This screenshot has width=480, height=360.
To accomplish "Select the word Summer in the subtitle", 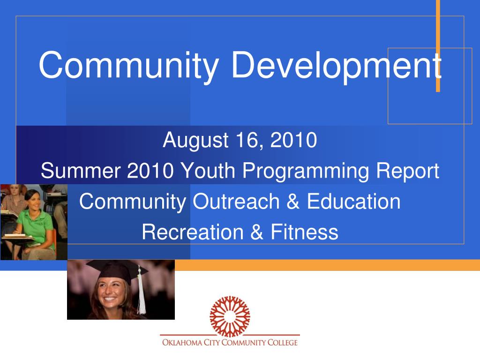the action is (81, 171).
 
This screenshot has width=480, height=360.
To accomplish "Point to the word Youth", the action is (208, 171).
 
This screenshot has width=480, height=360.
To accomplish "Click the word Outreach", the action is (236, 202).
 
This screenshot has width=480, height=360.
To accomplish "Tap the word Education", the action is (353, 202).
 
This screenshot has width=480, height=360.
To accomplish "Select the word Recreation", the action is (193, 232).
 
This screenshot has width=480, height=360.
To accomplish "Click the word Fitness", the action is (304, 232).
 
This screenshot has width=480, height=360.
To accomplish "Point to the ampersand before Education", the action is (293, 202).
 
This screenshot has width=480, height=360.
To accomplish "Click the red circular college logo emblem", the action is (230, 316).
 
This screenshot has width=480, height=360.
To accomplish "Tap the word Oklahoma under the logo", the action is (182, 342).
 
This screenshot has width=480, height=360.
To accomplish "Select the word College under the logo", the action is (283, 342).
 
